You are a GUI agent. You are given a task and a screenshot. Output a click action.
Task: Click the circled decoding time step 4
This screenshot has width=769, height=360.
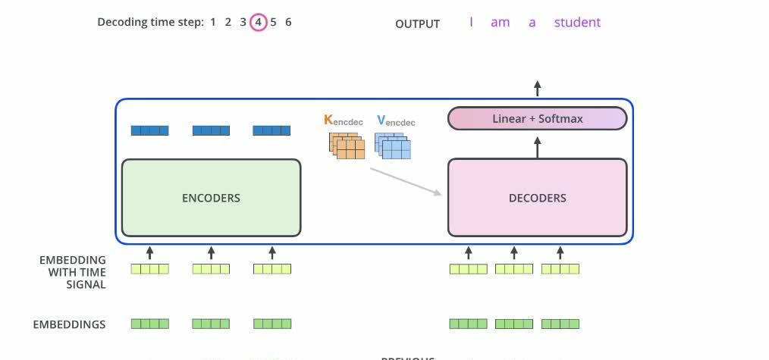tap(258, 22)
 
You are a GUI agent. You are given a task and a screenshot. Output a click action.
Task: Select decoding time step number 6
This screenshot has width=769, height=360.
tap(288, 22)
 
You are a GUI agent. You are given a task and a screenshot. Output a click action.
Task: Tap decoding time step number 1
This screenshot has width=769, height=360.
tap(213, 22)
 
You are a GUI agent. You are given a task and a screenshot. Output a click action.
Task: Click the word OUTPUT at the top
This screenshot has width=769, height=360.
tap(417, 23)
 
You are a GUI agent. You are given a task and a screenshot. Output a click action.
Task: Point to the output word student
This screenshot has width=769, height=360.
tap(577, 22)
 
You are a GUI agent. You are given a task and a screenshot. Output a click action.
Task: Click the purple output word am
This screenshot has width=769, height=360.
tap(500, 22)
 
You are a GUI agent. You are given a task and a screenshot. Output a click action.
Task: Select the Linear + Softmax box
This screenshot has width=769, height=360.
tap(537, 118)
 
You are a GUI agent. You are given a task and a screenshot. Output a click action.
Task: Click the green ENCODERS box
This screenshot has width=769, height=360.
tap(211, 198)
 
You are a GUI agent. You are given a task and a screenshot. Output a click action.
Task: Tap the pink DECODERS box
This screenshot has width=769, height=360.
tap(537, 198)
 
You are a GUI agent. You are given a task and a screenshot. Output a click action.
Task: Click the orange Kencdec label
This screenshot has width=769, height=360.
tap(343, 121)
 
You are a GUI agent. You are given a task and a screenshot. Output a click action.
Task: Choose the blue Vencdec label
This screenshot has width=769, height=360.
tap(396, 121)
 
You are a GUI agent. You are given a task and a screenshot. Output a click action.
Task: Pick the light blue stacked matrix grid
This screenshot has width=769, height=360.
tap(394, 146)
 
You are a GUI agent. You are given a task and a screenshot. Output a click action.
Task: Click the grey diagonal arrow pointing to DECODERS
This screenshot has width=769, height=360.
tap(405, 181)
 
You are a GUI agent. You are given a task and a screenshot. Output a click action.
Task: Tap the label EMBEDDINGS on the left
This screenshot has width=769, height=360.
tap(69, 324)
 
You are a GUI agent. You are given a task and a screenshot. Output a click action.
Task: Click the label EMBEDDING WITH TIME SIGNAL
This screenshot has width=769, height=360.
tap(73, 272)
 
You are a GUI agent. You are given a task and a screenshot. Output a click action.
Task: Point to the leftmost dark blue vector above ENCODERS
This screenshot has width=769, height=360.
tap(149, 130)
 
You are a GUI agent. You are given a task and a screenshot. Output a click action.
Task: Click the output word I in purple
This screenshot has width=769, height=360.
tap(471, 22)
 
